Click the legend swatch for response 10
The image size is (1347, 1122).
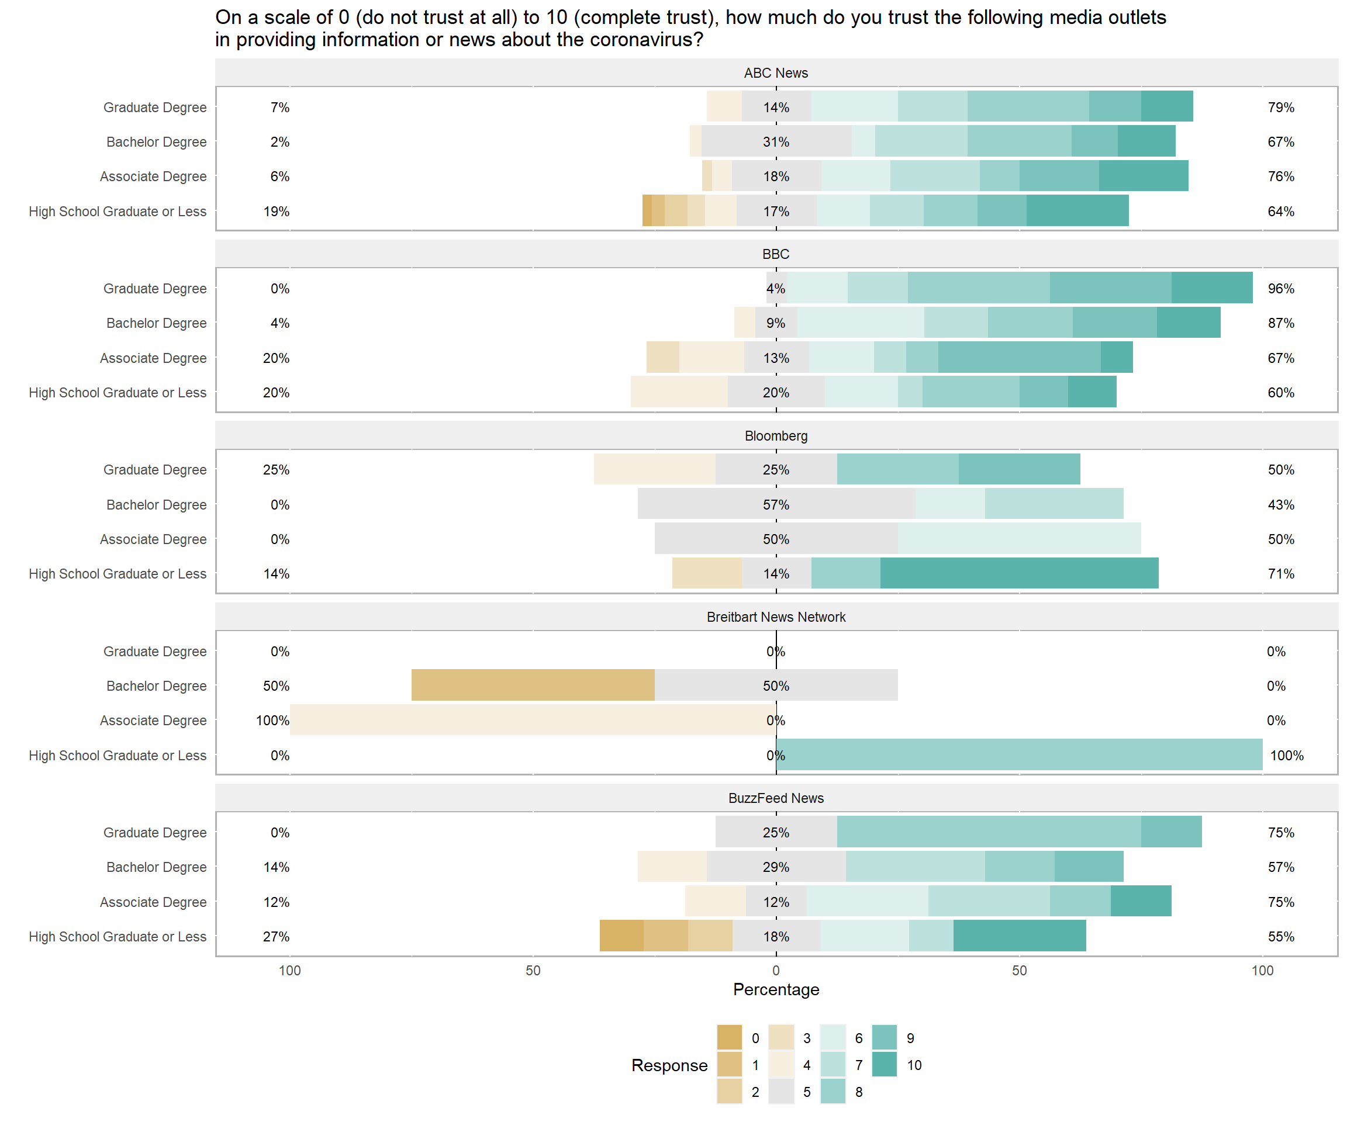884,1065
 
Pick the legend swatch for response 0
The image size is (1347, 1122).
729,1038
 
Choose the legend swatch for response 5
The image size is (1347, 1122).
780,1092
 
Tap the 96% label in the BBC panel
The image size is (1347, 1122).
1280,289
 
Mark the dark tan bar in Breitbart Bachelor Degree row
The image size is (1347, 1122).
533,685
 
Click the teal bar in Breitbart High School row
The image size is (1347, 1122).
1018,754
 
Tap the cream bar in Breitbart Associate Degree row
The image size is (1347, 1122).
533,720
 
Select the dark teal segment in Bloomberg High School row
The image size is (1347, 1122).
1018,573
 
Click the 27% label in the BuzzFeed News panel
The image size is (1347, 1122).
276,937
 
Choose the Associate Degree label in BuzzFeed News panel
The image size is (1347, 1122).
153,902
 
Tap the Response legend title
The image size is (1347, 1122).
669,1065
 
